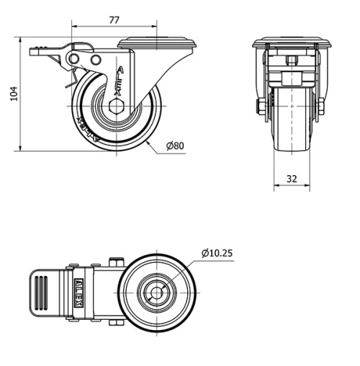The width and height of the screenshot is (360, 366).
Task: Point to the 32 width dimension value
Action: (292, 179)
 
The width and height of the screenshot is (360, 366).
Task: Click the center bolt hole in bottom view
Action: (156, 293)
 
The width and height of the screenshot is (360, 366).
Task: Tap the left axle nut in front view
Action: (259, 107)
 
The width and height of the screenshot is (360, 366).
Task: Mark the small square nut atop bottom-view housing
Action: (114, 262)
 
